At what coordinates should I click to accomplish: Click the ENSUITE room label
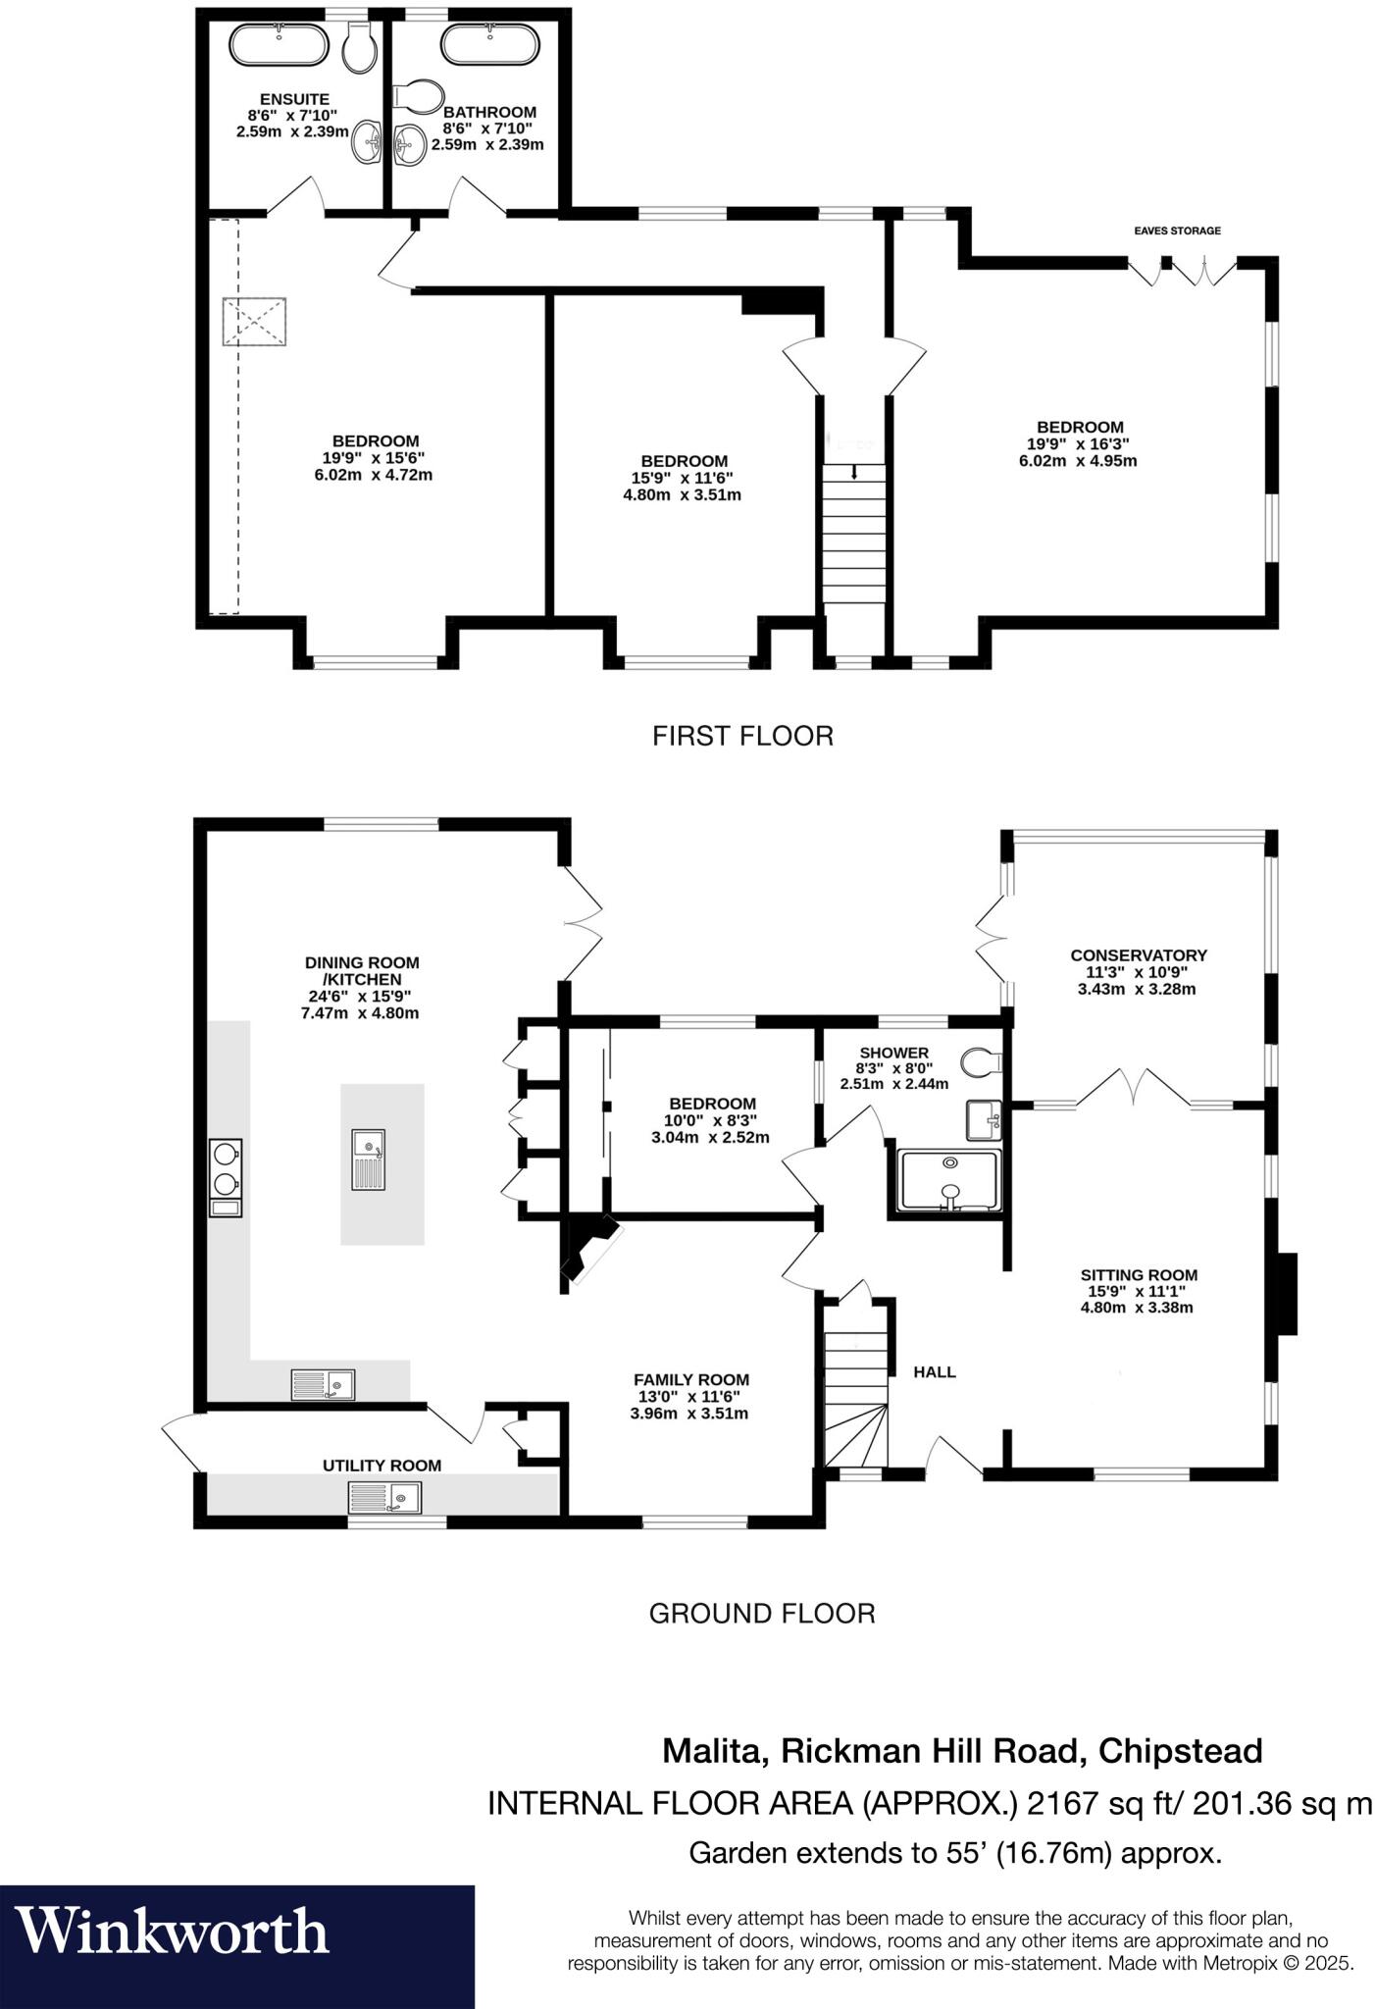pyautogui.click(x=294, y=99)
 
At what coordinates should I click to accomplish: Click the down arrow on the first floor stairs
pyautogui.click(x=854, y=474)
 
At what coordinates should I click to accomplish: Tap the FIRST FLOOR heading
pyautogui.click(x=742, y=736)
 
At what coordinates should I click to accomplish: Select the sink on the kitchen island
pyautogui.click(x=369, y=1159)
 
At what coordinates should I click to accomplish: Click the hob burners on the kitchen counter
pyautogui.click(x=226, y=1167)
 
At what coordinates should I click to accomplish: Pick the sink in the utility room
pyautogui.click(x=383, y=1497)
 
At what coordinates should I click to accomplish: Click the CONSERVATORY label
pyautogui.click(x=1138, y=954)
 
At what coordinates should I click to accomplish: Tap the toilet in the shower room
pyautogui.click(x=980, y=1061)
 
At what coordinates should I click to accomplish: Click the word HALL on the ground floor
pyautogui.click(x=934, y=1372)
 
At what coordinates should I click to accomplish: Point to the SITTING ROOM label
pyautogui.click(x=1138, y=1275)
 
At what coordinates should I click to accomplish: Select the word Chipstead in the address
pyautogui.click(x=1180, y=1751)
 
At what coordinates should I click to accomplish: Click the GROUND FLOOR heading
pyautogui.click(x=761, y=1613)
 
